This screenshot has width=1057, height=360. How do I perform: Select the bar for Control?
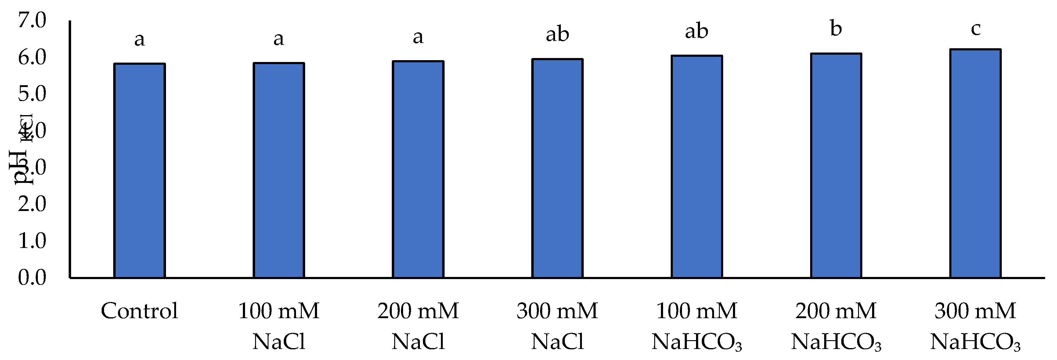point(139,171)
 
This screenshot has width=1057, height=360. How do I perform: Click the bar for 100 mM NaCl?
point(279,170)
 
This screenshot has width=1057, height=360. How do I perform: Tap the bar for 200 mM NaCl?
point(418,169)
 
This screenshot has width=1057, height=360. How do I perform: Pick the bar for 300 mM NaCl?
point(557,168)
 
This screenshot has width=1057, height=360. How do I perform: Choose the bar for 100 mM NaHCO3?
point(697,167)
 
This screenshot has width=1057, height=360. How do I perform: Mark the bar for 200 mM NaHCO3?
point(836,166)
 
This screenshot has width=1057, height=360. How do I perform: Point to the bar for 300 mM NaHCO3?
point(975,164)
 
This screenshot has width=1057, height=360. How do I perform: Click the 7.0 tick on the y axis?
point(32,20)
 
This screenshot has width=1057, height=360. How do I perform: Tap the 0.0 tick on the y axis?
point(32,278)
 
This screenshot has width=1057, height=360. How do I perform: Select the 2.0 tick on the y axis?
point(32,204)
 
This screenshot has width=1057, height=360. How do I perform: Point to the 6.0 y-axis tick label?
point(32,57)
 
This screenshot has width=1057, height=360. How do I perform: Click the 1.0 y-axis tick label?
point(32,241)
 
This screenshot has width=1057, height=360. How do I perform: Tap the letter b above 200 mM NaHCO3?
point(836,29)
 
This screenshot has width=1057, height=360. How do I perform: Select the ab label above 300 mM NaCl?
point(557,34)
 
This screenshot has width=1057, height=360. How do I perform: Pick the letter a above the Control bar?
point(139,39)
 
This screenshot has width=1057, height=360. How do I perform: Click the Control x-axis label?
point(139,311)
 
